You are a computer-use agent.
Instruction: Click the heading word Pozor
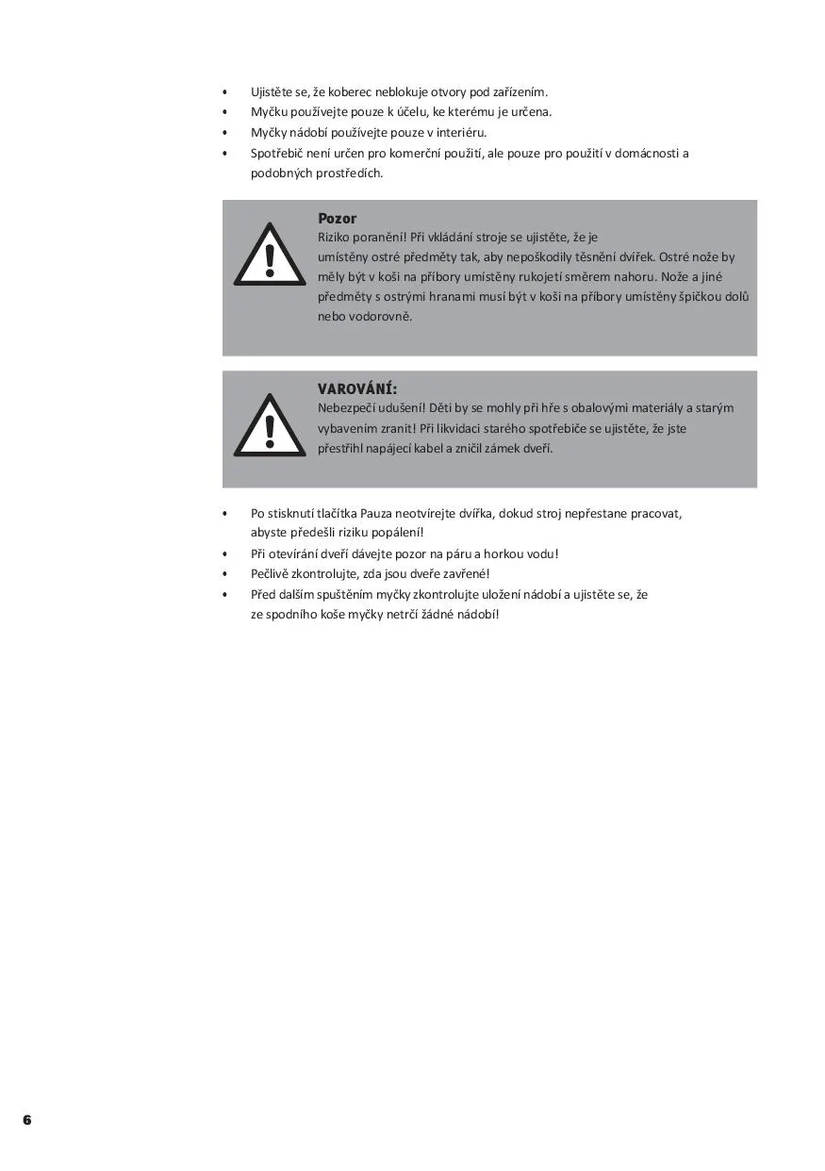tap(337, 219)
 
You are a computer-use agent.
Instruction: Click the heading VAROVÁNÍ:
tap(356, 388)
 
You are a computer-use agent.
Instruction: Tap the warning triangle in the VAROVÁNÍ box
tap(270, 426)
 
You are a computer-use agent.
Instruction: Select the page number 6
tap(27, 1120)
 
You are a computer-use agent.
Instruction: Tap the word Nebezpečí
tap(345, 408)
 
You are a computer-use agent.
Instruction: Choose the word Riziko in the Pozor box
tap(335, 238)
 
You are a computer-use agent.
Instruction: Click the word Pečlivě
tap(272, 574)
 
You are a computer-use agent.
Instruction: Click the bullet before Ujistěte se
tap(224, 92)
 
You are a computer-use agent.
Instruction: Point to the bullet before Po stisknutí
tap(224, 514)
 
